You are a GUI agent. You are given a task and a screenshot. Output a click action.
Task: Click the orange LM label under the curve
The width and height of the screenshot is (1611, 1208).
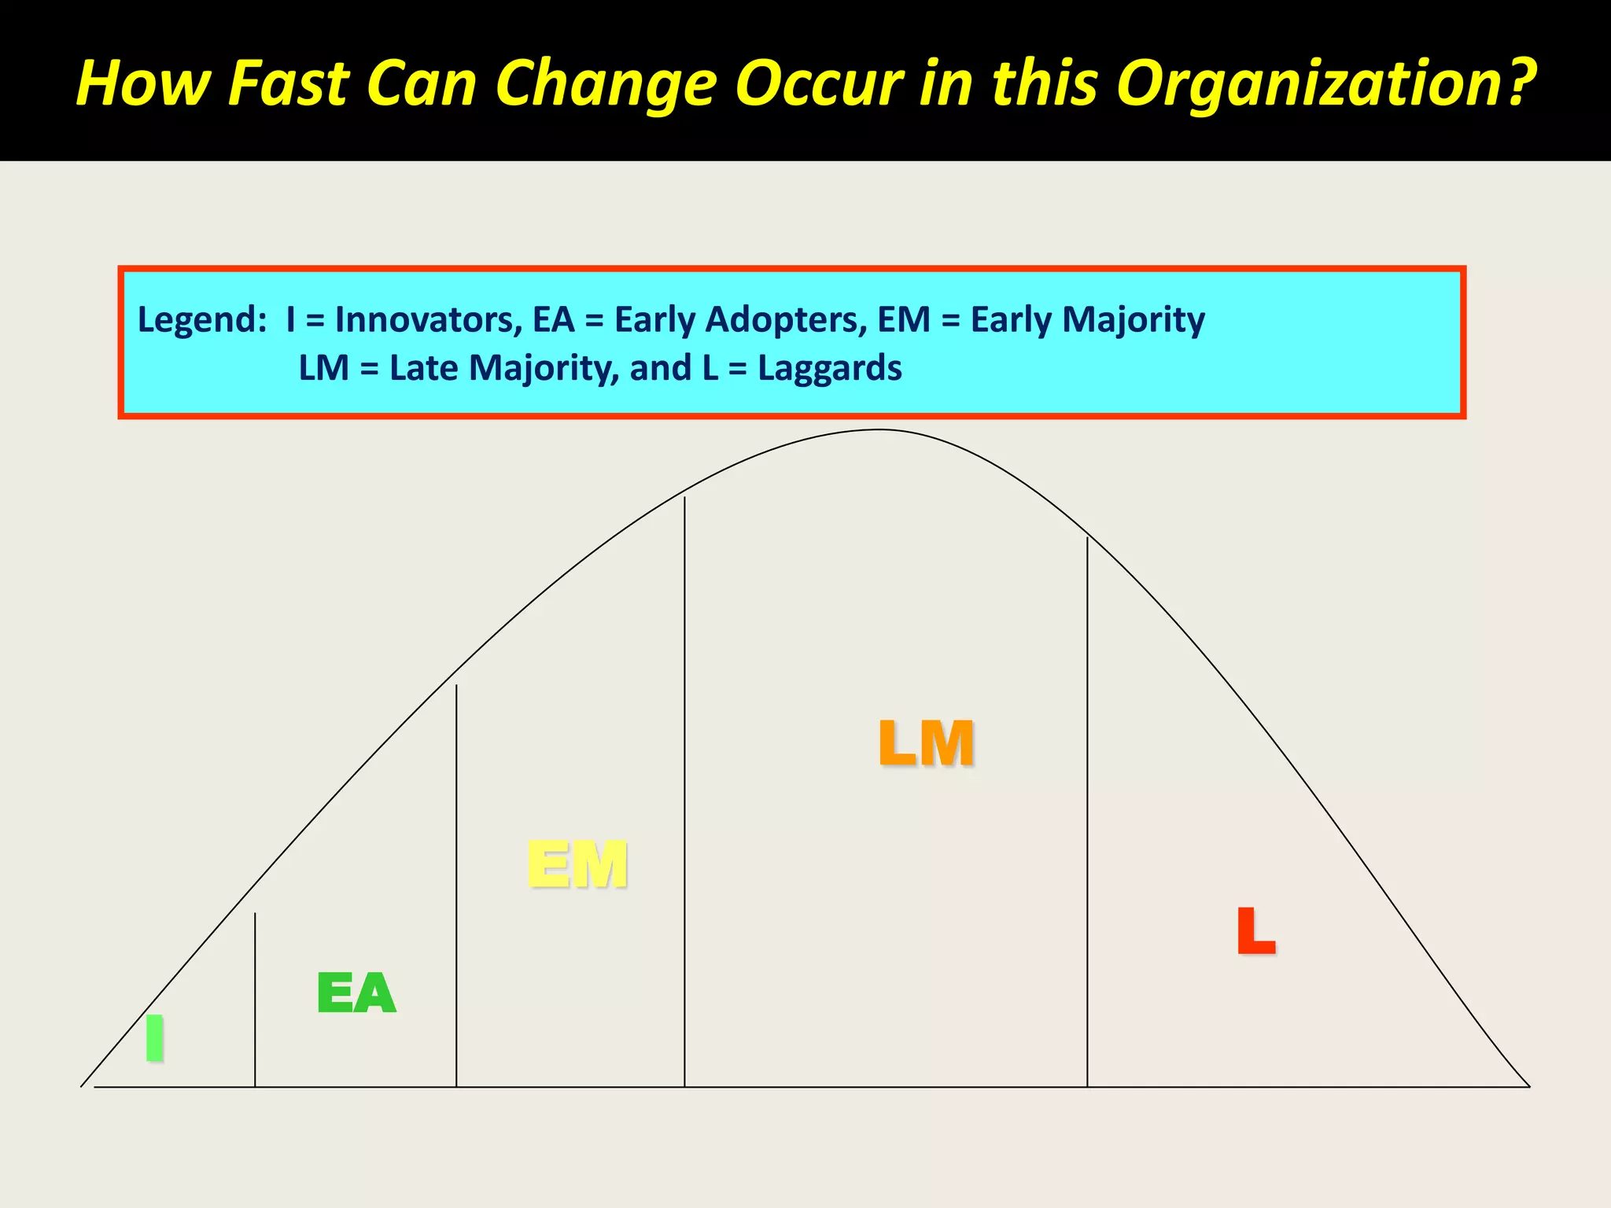[926, 742]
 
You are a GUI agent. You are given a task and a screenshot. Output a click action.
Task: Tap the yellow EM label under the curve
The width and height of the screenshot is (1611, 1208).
[577, 864]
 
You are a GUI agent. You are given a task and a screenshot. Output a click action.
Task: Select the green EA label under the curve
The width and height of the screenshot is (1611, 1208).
[356, 993]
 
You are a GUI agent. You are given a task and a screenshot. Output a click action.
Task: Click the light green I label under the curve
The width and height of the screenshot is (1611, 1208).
[155, 1037]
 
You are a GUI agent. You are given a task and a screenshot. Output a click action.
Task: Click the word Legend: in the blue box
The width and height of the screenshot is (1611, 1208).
[202, 320]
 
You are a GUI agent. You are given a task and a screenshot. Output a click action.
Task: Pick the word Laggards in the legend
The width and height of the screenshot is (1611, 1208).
[829, 368]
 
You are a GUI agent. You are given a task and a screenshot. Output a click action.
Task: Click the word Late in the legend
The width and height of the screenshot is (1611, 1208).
[423, 368]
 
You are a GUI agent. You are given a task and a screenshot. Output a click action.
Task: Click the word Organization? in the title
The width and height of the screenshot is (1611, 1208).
[1326, 83]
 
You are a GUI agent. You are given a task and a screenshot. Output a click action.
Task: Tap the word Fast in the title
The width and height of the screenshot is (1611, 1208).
[288, 83]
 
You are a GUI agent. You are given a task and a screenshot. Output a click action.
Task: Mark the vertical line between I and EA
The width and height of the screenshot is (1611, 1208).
[255, 1000]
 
